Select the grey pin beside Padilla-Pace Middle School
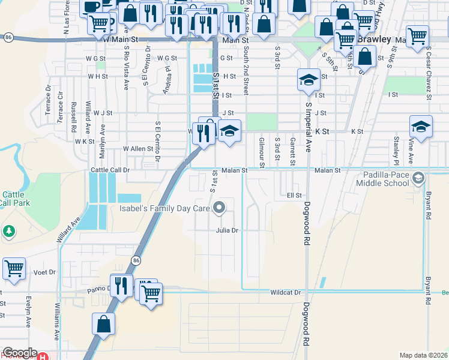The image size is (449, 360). (x=419, y=178)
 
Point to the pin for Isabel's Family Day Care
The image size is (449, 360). (x=219, y=208)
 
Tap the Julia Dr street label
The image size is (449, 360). (x=228, y=230)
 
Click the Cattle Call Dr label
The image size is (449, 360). (x=110, y=170)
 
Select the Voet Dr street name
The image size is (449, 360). (x=44, y=272)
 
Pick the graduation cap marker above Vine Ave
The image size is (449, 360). (x=421, y=128)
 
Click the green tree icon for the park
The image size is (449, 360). (x=8, y=231)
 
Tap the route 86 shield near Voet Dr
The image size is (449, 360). (x=136, y=259)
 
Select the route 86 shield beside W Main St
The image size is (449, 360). (x=7, y=37)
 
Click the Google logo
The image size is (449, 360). (x=19, y=353)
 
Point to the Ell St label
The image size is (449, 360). (x=294, y=196)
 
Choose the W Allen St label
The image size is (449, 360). (x=138, y=148)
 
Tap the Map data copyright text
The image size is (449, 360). (x=423, y=355)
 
